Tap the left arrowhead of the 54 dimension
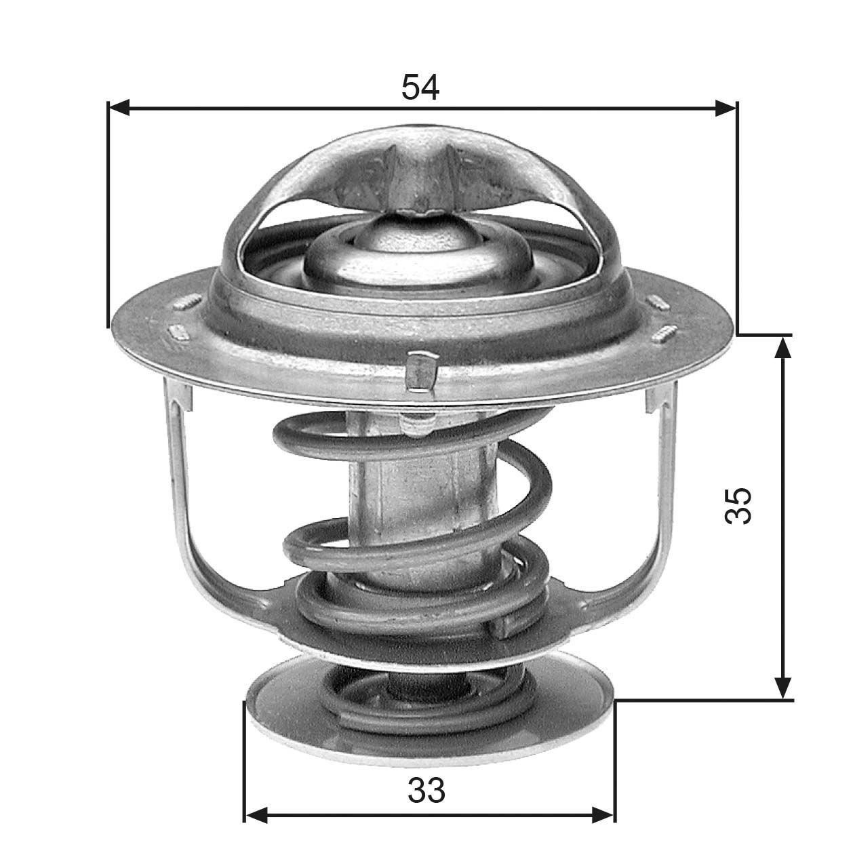119,107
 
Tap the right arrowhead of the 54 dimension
726,107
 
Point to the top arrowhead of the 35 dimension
783,346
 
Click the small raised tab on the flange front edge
420,371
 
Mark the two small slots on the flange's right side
661,319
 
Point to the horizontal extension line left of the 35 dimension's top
763,334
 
